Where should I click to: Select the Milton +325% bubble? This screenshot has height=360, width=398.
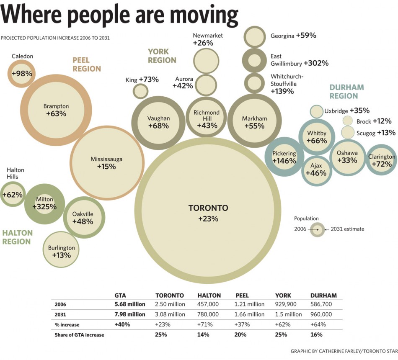44,203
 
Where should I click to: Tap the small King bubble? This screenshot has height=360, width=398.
141,91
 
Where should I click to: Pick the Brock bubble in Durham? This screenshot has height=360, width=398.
348,121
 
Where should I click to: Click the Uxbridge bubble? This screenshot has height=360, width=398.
316,111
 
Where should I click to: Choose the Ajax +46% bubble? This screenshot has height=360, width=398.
316,170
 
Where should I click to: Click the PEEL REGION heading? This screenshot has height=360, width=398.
87,64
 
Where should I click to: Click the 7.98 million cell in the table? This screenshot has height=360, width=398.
130,314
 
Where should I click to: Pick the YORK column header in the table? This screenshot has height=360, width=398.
283,295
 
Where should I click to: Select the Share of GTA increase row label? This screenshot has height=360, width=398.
79,334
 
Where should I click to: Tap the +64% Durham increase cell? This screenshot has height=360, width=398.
318,324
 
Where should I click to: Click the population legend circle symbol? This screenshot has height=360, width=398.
318,229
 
